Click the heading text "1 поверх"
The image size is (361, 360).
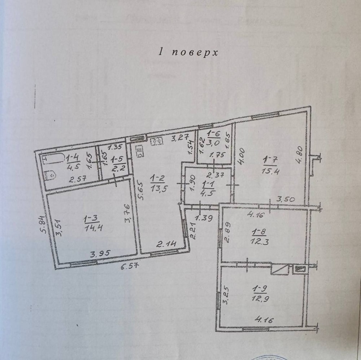189,53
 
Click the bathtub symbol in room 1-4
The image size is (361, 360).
53,158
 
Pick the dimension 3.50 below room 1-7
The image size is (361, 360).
286,198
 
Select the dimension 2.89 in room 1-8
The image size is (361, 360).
227,234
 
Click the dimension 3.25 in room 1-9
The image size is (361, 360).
225,295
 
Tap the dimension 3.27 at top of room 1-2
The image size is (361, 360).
179,137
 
